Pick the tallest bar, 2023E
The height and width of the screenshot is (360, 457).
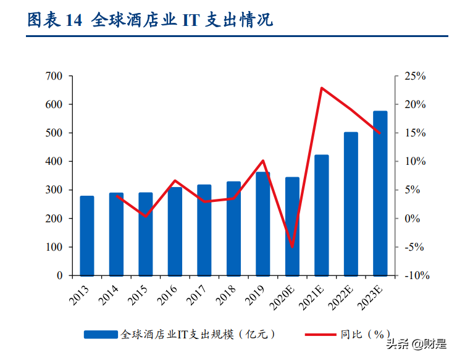(x=380, y=193)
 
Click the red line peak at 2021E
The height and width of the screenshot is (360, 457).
(x=322, y=88)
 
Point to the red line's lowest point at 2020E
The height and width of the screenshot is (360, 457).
(x=292, y=247)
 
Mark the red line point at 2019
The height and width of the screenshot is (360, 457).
(x=263, y=161)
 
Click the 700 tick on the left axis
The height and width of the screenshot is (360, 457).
(x=54, y=76)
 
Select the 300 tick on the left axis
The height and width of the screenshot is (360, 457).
(x=54, y=190)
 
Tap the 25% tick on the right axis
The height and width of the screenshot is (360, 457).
(x=415, y=76)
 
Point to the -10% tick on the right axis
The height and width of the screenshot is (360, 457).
(x=415, y=275)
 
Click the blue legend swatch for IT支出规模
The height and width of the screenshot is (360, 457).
(x=101, y=334)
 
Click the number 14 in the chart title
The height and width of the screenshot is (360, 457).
(x=72, y=20)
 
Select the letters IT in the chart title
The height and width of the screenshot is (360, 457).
(x=188, y=20)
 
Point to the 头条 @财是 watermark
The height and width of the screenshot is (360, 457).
(x=417, y=344)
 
